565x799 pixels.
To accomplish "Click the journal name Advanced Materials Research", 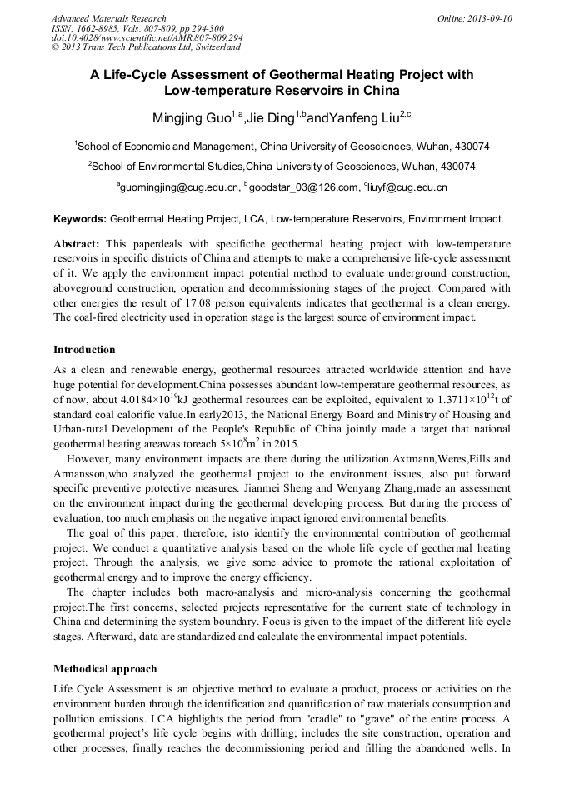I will pyautogui.click(x=108, y=18).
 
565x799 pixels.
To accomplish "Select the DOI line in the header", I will pyautogui.click(x=147, y=38).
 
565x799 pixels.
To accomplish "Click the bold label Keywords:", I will pyautogui.click(x=80, y=220).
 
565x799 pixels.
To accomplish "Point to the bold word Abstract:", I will pyautogui.click(x=77, y=244).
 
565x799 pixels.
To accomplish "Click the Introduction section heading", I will pyautogui.click(x=84, y=349).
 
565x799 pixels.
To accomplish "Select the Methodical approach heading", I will pyautogui.click(x=105, y=669).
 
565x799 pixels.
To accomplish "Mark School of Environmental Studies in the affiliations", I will pyautogui.click(x=167, y=166).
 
